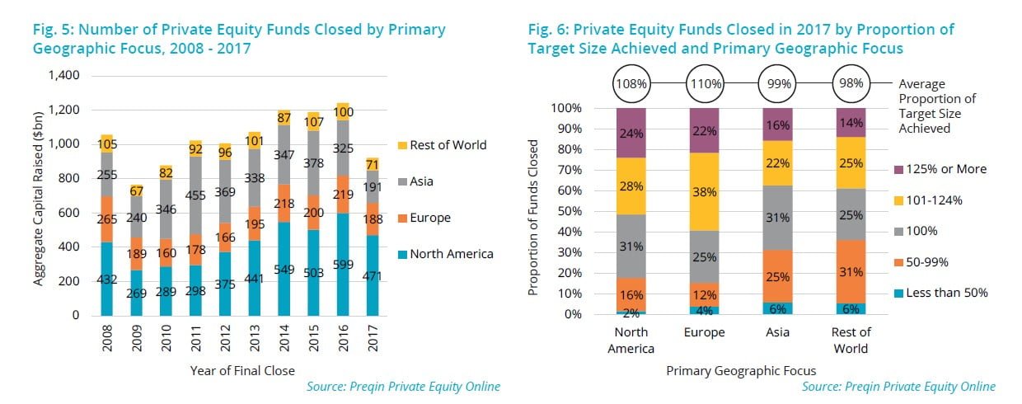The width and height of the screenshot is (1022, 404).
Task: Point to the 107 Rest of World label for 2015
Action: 312,121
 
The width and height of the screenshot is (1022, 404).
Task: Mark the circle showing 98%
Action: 852,83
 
